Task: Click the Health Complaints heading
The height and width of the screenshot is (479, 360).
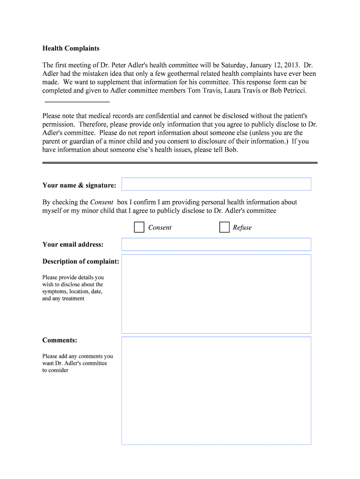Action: click(71, 48)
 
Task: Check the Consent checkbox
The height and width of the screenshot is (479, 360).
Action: click(139, 227)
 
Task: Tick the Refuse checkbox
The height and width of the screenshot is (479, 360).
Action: click(224, 227)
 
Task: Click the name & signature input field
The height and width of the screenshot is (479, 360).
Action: click(216, 184)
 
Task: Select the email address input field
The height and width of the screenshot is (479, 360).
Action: click(216, 244)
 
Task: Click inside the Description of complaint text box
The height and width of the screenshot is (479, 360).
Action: click(216, 294)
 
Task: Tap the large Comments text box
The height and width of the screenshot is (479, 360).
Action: click(216, 390)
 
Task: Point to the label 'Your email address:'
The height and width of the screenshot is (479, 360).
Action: click(73, 244)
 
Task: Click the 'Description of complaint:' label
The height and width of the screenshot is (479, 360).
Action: click(80, 261)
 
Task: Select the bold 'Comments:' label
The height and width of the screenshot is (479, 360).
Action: click(60, 340)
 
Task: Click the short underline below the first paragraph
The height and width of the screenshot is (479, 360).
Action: click(77, 101)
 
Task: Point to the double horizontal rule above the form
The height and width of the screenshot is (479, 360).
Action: click(180, 162)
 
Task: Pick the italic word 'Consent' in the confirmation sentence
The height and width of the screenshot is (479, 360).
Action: click(101, 202)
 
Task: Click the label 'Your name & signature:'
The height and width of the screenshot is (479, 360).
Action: click(79, 185)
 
